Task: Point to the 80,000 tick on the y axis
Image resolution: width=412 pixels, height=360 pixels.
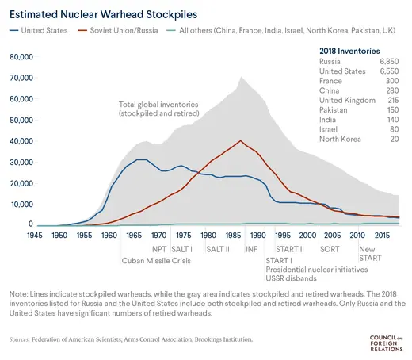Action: [17, 58]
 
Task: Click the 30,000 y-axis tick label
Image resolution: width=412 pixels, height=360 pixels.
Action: [17, 162]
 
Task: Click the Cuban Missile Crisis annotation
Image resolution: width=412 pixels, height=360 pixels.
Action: [158, 260]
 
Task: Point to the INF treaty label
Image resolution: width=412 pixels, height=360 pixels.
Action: [252, 248]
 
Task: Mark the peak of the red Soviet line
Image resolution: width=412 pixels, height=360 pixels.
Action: [240, 141]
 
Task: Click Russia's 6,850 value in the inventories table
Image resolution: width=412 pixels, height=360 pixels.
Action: [386, 61]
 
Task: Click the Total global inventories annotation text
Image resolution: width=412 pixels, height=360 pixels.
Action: [158, 109]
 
